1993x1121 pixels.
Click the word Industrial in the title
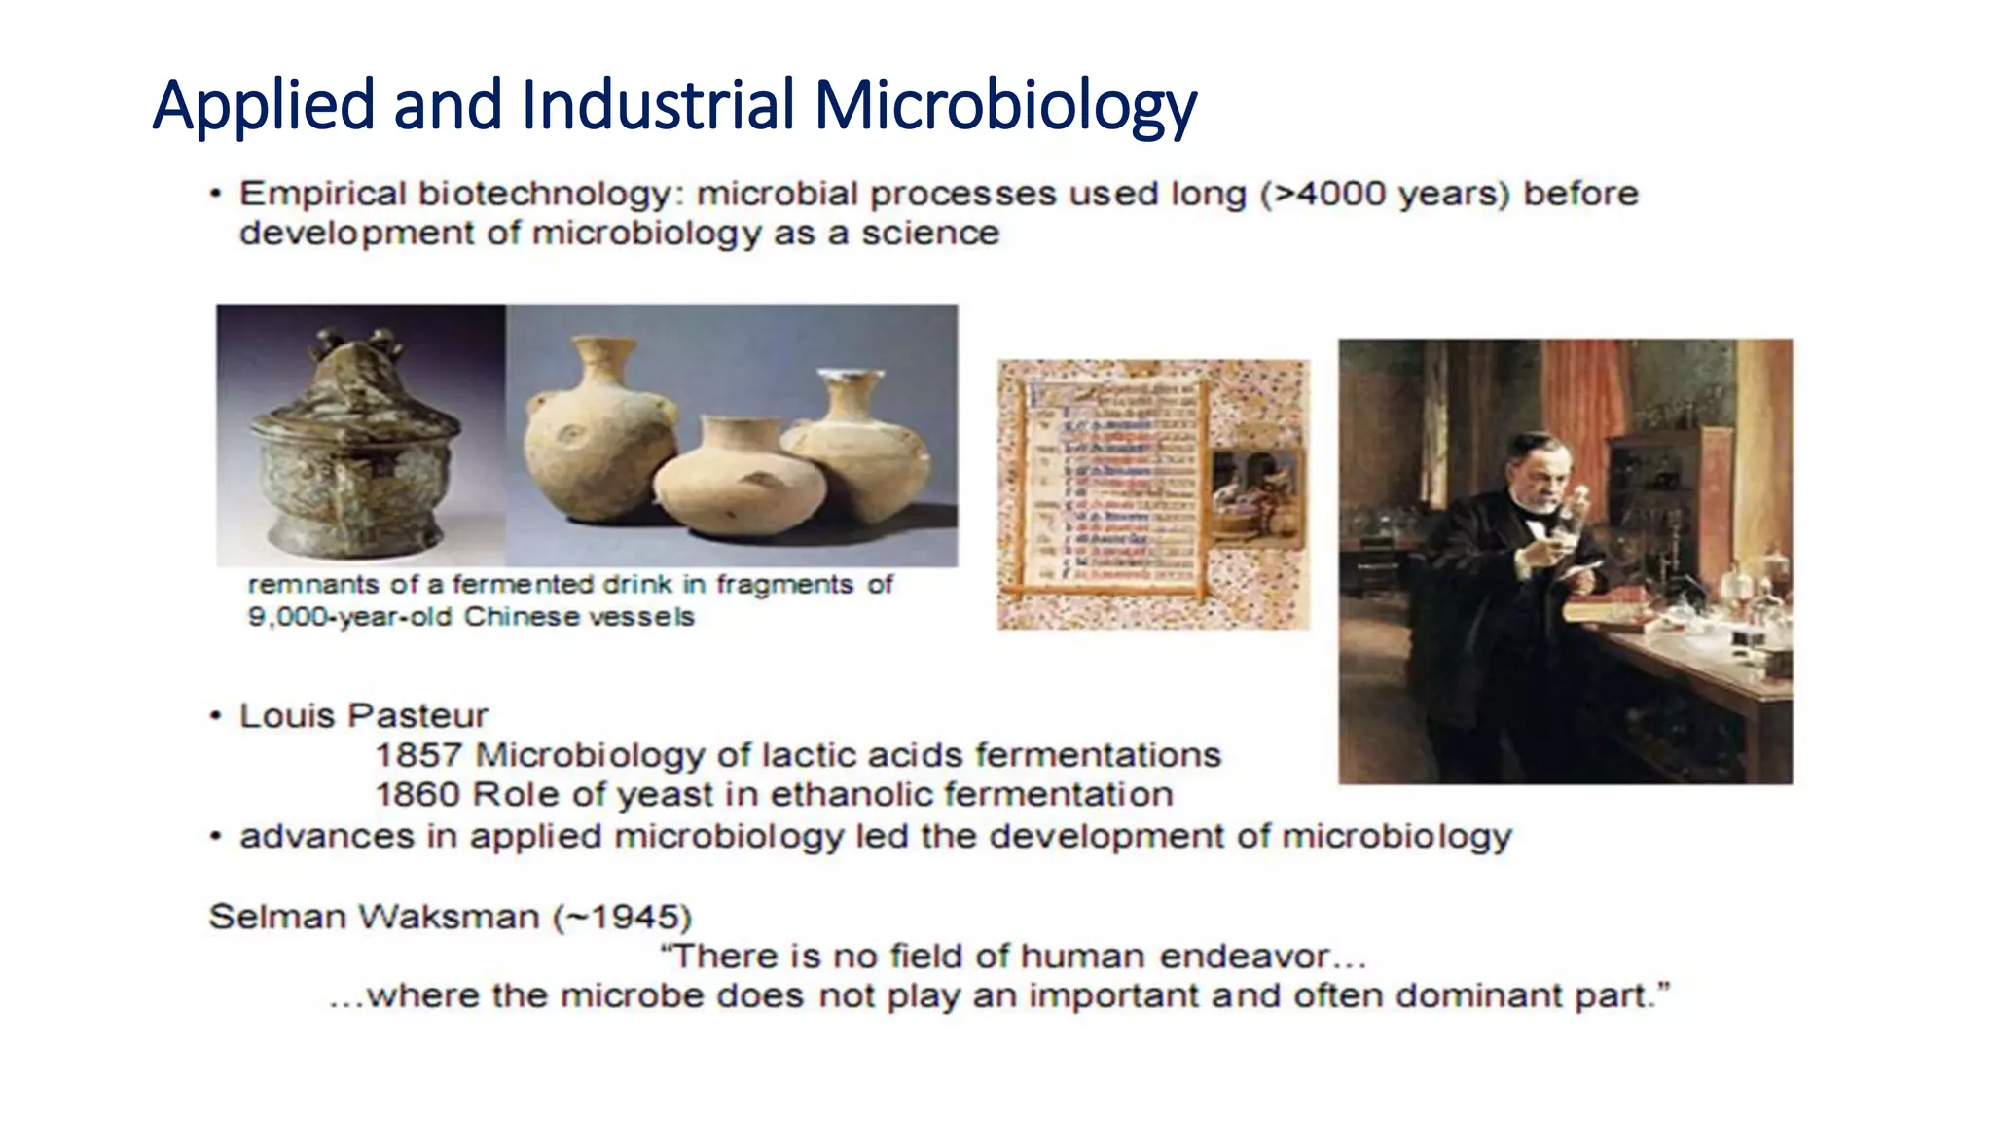pyautogui.click(x=658, y=104)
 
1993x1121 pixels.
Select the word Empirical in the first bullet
pyautogui.click(x=322, y=194)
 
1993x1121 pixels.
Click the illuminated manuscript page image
pyautogui.click(x=1152, y=494)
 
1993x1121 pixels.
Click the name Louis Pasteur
pyautogui.click(x=363, y=716)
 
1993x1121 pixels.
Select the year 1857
pyautogui.click(x=417, y=755)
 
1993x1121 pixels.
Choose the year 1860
pyautogui.click(x=417, y=795)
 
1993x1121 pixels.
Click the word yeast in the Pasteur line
pyautogui.click(x=666, y=795)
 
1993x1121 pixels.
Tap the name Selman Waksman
pyautogui.click(x=374, y=917)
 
